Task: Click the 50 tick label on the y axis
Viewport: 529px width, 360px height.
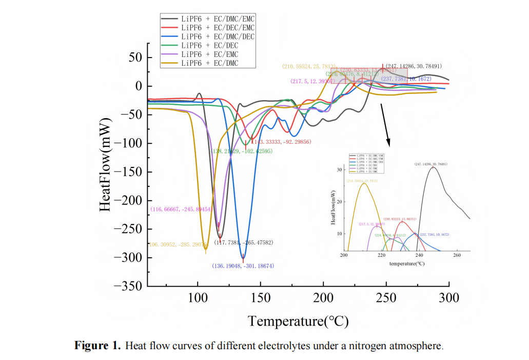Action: pyautogui.click(x=135, y=58)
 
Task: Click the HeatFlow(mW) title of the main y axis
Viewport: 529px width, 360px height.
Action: pyautogui.click(x=105, y=165)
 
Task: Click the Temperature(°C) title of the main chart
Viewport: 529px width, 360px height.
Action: pyautogui.click(x=298, y=322)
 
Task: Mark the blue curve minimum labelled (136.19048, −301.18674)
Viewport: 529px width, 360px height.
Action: pyautogui.click(x=243, y=257)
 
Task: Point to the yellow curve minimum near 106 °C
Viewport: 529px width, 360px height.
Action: pyautogui.click(x=205, y=250)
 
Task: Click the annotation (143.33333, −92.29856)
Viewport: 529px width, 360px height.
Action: pyautogui.click(x=282, y=141)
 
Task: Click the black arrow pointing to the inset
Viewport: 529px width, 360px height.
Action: pyautogui.click(x=385, y=124)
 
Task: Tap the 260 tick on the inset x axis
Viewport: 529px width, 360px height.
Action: pyautogui.click(x=457, y=255)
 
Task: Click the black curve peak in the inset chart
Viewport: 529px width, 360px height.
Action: pyautogui.click(x=433, y=167)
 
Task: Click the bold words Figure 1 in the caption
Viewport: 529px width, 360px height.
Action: pyautogui.click(x=97, y=345)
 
